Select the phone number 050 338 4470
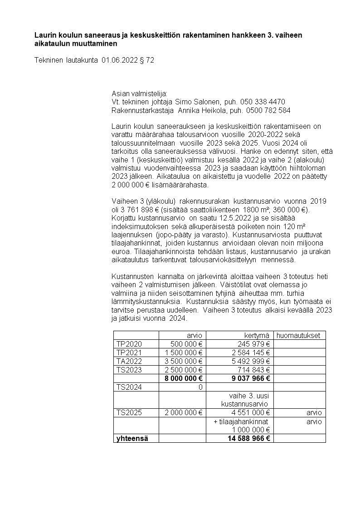click(263, 101)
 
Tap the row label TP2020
click(129, 344)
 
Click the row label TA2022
click(129, 361)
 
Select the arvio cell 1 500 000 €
click(183, 352)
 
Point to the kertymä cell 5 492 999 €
click(251, 361)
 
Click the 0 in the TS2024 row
click(199, 387)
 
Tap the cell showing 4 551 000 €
click(251, 413)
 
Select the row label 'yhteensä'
click(132, 439)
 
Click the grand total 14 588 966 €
click(248, 439)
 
